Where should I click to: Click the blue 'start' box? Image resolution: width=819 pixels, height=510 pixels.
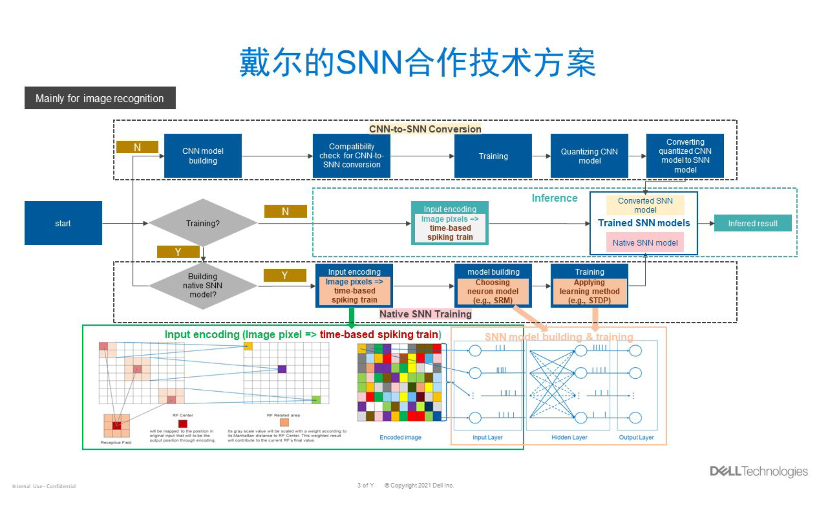pos(63,223)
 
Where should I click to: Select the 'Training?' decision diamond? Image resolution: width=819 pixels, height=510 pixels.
pos(203,223)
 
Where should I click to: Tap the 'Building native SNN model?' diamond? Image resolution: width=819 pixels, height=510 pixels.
pos(203,286)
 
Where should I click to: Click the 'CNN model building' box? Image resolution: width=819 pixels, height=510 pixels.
pos(203,156)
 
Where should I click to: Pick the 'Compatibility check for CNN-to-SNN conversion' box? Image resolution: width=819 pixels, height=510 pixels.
pos(351,156)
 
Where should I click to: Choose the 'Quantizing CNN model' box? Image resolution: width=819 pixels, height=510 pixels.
pos(589,156)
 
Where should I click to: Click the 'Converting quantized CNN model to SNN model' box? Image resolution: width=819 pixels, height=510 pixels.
pos(685,156)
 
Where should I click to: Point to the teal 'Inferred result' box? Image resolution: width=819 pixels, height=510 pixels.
pos(753,223)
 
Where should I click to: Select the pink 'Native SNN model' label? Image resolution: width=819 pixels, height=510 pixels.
pos(645,243)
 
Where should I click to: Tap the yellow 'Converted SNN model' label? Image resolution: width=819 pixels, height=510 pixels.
pos(645,205)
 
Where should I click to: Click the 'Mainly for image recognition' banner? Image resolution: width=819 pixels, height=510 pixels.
pos(100,98)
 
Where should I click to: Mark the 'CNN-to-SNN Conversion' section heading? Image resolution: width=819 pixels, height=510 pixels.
pos(425,129)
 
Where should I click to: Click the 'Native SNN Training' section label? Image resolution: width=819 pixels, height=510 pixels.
pos(425,314)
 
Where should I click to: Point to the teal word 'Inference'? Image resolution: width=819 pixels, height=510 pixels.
pos(554,198)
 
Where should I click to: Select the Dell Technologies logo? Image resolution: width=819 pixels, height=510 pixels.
pos(759,471)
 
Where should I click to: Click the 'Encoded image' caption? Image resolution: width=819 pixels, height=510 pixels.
pos(400,438)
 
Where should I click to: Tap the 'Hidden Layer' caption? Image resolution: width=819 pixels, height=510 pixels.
pos(569,438)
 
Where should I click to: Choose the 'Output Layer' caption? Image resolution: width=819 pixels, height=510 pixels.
pos(636,438)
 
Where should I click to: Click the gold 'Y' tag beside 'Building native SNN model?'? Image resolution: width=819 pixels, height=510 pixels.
pos(285,275)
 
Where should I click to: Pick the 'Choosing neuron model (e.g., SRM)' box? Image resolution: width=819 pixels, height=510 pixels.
pos(493,291)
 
